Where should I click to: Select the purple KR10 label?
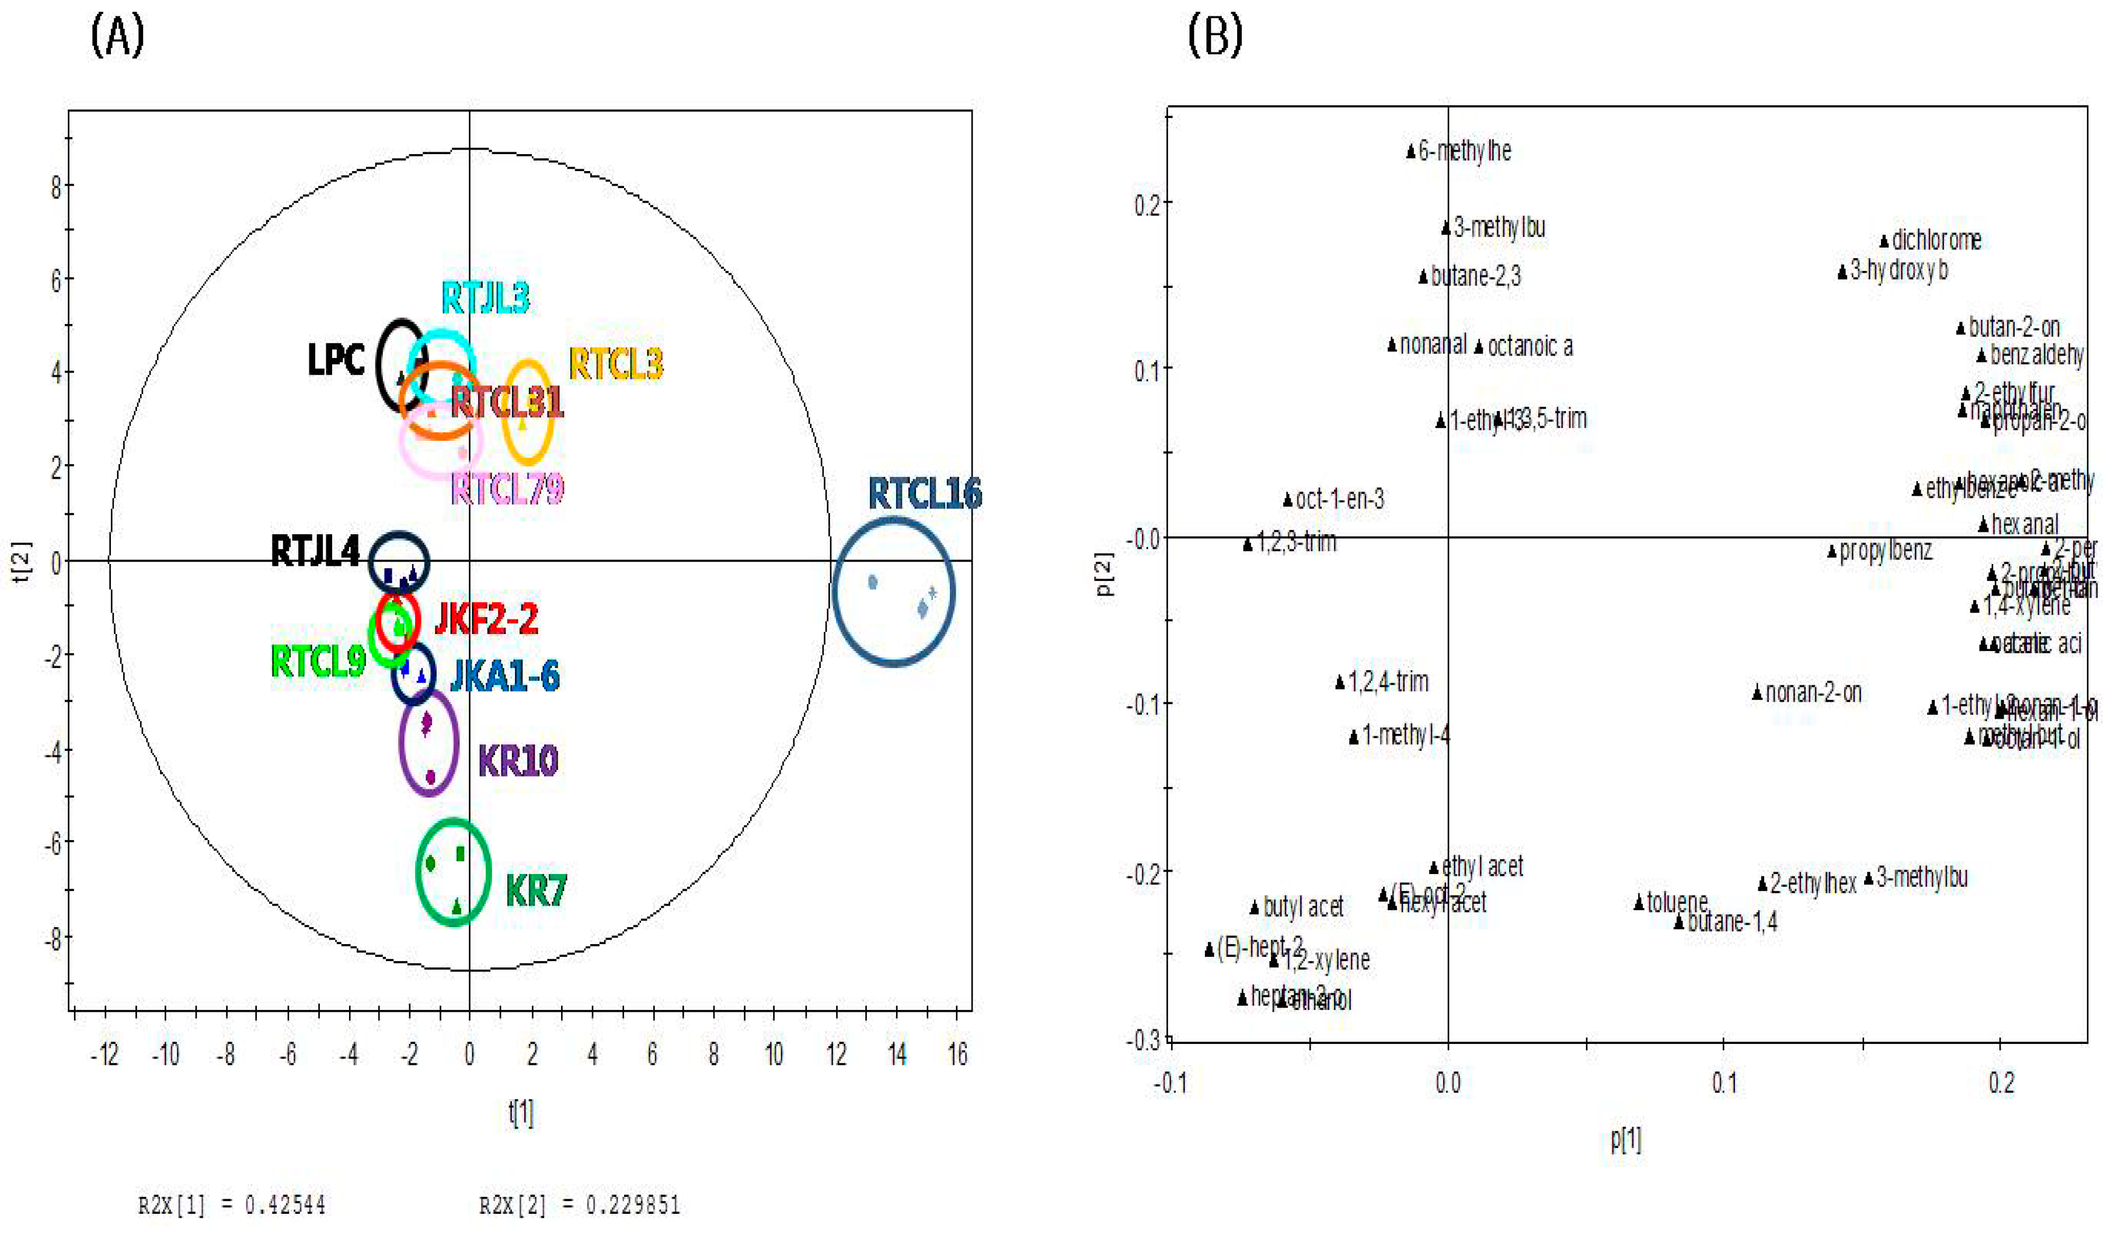pyautogui.click(x=518, y=761)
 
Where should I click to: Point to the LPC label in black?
pyautogui.click(x=336, y=360)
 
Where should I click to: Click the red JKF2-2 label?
pyautogui.click(x=487, y=619)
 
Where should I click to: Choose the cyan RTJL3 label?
pyautogui.click(x=485, y=298)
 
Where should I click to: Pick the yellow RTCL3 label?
pyautogui.click(x=616, y=364)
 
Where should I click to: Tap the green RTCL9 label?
pyautogui.click(x=318, y=662)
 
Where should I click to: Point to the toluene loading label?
pyautogui.click(x=1677, y=903)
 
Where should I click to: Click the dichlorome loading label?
pyautogui.click(x=1936, y=241)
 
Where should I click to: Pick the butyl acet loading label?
pyautogui.click(x=1302, y=907)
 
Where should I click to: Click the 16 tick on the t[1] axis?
pyautogui.click(x=957, y=1054)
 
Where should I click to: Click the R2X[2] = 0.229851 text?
pyautogui.click(x=580, y=1206)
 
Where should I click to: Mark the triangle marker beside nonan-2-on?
pyautogui.click(x=1757, y=693)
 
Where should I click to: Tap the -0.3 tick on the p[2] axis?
pyautogui.click(x=1144, y=1041)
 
